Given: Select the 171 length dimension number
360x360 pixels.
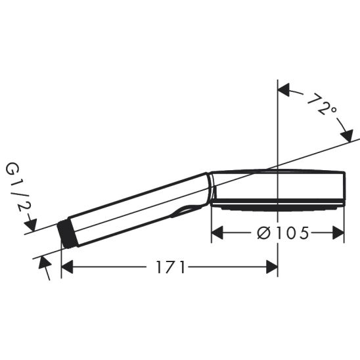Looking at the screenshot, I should pyautogui.click(x=171, y=267).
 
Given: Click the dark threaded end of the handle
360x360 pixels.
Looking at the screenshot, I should pyautogui.click(x=67, y=234).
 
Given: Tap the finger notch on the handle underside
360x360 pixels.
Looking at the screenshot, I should pyautogui.click(x=186, y=210).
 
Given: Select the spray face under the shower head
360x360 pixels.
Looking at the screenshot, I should pyautogui.click(x=276, y=206).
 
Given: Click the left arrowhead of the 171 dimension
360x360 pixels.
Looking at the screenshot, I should pyautogui.click(x=66, y=267).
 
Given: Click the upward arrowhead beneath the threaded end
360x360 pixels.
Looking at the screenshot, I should pyautogui.click(x=43, y=262).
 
